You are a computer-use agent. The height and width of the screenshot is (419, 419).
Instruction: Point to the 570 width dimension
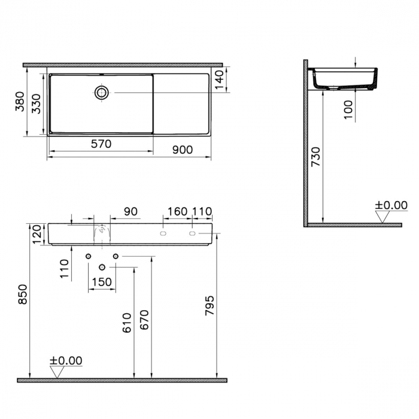click(101, 144)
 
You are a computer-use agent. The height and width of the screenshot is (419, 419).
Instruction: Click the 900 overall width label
click(182, 150)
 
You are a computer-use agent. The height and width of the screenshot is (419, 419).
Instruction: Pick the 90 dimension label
click(130, 211)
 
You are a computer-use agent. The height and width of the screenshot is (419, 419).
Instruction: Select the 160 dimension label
click(177, 211)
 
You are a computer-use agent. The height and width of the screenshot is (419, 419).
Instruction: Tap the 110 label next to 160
click(202, 211)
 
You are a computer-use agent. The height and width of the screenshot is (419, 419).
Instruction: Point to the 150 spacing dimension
click(102, 282)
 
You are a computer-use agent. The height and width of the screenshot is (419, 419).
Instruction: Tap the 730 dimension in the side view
click(316, 157)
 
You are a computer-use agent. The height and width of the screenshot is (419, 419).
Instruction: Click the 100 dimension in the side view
click(350, 110)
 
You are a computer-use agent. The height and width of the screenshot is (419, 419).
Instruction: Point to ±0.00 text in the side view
click(391, 205)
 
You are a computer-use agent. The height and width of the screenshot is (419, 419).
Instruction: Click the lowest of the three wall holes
click(102, 266)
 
